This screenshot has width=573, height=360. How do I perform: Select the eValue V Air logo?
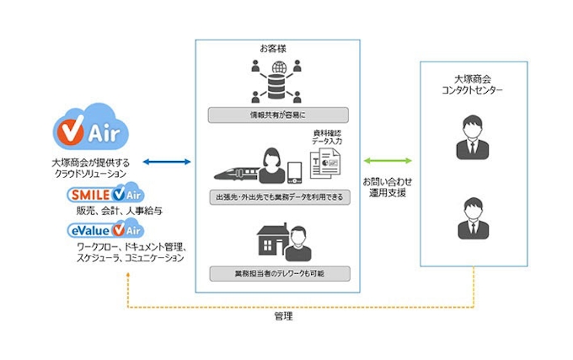[x=105, y=228]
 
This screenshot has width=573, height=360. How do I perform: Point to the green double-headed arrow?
[x=388, y=160]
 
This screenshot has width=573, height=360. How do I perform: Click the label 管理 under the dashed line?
[x=284, y=317]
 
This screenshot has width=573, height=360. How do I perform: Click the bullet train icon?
[x=235, y=169]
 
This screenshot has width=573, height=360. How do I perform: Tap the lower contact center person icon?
[x=474, y=220]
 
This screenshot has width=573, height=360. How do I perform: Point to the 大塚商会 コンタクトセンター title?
[x=473, y=83]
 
